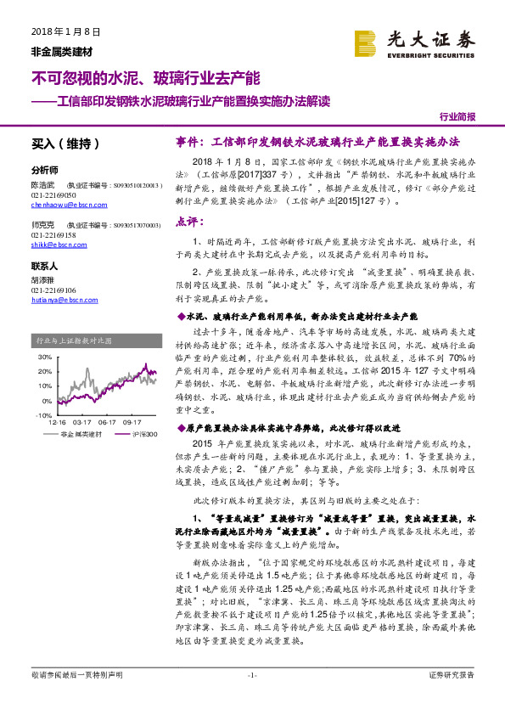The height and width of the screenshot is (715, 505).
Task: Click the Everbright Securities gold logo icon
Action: [366, 41]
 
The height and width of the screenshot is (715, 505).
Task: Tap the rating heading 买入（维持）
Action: [65, 144]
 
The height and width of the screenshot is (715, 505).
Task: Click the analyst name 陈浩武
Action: [43, 183]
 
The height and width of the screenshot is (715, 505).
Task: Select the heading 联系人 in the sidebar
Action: [44, 267]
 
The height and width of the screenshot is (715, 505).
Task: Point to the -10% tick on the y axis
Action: [43, 415]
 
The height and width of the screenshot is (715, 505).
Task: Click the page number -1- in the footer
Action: [251, 698]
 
